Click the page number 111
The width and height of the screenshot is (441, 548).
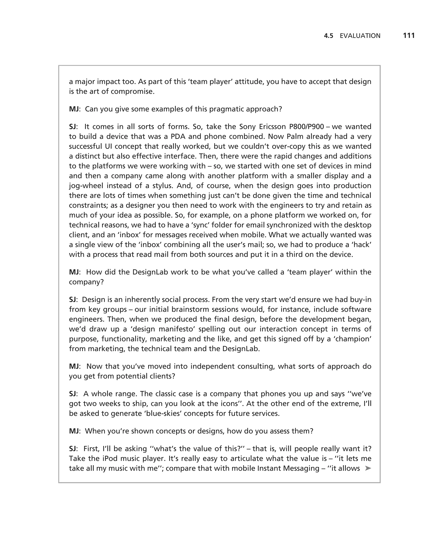click(409, 36)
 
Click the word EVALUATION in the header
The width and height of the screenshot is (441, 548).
click(360, 36)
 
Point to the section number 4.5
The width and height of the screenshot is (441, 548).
click(328, 36)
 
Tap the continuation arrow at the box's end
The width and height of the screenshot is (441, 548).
click(368, 468)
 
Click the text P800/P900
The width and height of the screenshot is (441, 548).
click(306, 127)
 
